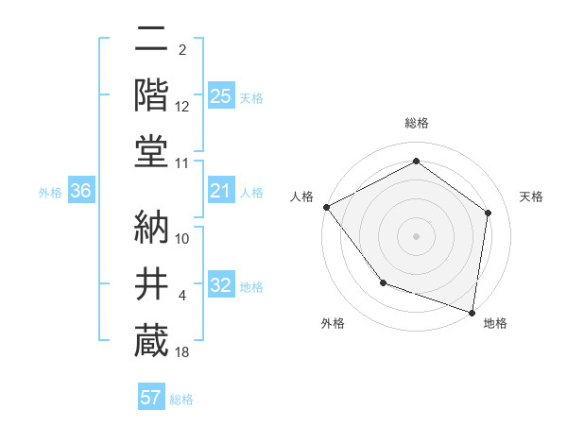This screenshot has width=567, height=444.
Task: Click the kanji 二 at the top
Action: click(x=151, y=41)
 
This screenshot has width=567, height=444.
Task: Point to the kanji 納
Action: click(x=151, y=224)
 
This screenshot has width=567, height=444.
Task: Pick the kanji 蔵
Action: click(x=151, y=340)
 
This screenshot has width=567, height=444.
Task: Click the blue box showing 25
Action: click(x=220, y=95)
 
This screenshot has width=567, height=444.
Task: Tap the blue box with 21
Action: click(x=220, y=192)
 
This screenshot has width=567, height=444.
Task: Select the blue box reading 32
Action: click(x=220, y=286)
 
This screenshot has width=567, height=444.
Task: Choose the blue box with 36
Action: click(x=80, y=192)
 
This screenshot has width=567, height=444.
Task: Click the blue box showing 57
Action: click(x=151, y=398)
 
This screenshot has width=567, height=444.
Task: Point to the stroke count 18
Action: click(x=182, y=353)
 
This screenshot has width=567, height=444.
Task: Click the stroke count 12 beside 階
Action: click(x=182, y=107)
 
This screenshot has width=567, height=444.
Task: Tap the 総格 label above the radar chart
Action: click(x=416, y=124)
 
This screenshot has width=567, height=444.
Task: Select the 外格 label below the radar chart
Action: click(x=333, y=323)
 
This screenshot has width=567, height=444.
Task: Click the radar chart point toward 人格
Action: click(x=326, y=206)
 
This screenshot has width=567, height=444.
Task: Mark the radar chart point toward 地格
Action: click(x=472, y=312)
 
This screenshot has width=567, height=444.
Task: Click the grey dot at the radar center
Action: click(x=416, y=235)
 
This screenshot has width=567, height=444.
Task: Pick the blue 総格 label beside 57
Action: click(x=181, y=400)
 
